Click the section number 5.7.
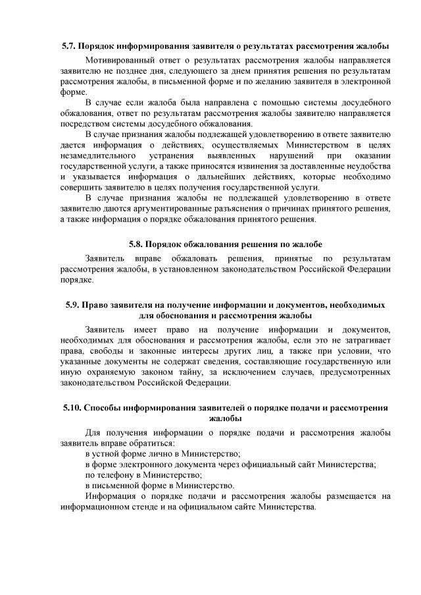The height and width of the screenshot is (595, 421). [x=69, y=47]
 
